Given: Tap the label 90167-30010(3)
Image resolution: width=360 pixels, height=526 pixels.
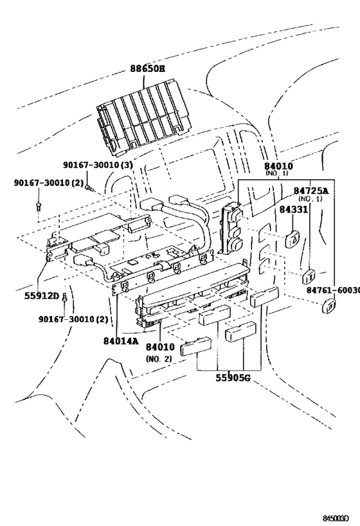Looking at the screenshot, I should tap(98, 166).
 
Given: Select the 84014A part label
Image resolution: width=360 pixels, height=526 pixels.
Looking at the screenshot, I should tap(120, 342).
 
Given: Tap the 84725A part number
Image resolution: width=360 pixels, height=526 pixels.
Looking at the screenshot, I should tap(311, 191).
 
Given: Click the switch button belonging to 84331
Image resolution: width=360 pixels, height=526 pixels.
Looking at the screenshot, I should tap(292, 239).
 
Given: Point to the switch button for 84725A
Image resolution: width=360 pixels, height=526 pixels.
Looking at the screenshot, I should tap(309, 277).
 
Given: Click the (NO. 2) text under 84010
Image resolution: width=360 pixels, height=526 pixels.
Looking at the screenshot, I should tap(158, 358).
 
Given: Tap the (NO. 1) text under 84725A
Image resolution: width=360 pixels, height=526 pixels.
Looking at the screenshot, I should tap(310, 200).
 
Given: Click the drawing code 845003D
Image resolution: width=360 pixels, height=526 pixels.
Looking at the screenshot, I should tap(339, 516).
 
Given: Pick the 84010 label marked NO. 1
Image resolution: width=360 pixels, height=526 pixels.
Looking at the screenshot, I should tap(276, 165).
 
